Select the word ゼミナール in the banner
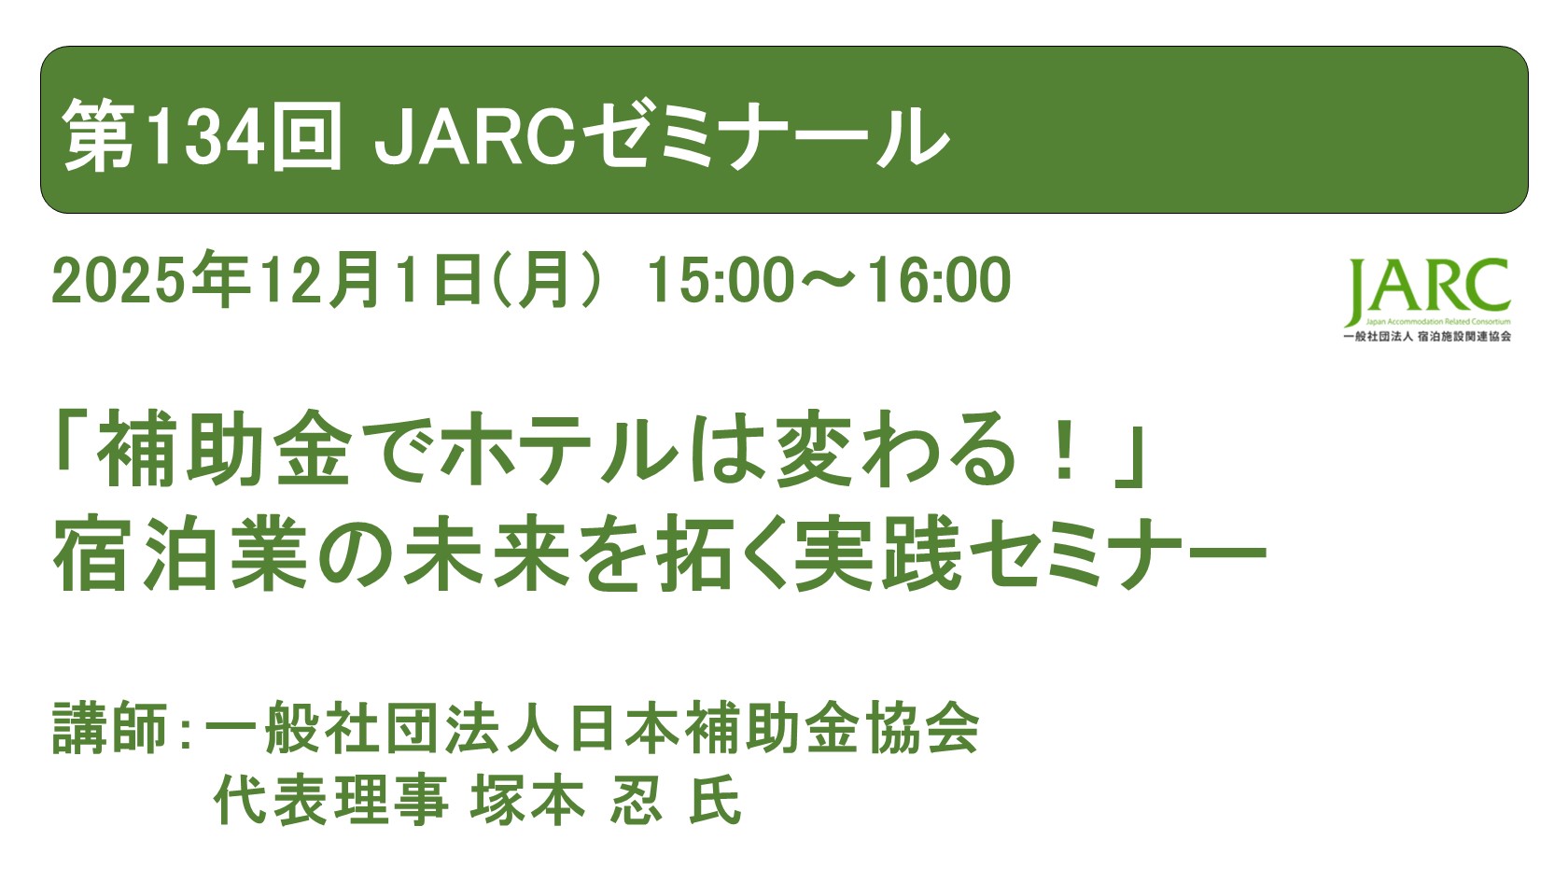pyautogui.click(x=765, y=137)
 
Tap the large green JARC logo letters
pyautogui.click(x=1428, y=288)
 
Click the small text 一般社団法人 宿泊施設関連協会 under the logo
pyautogui.click(x=1426, y=336)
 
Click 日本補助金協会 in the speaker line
pyautogui.click(x=775, y=727)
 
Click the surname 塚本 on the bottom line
pyautogui.click(x=528, y=801)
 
